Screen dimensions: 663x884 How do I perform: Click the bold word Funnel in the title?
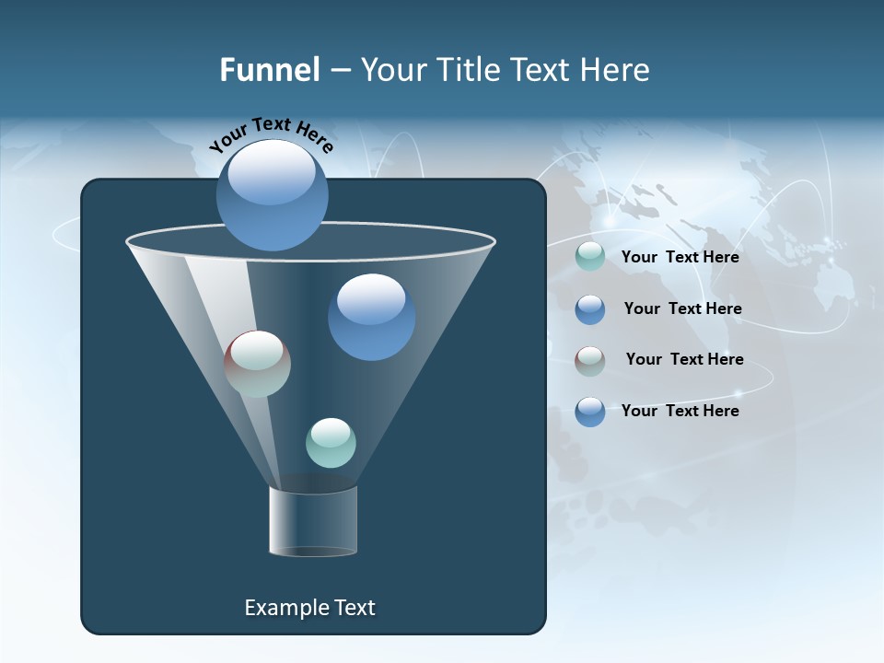click(270, 70)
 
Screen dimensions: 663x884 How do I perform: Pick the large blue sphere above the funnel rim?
click(273, 195)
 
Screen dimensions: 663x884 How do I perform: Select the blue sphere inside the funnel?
click(371, 317)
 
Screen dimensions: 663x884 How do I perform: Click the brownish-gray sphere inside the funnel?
click(257, 364)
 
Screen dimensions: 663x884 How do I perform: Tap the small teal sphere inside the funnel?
click(331, 443)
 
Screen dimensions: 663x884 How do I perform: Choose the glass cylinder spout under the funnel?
click(313, 521)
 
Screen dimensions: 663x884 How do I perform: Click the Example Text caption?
click(309, 608)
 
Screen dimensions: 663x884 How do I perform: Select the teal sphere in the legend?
click(590, 256)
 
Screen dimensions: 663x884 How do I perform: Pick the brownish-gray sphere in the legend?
click(590, 360)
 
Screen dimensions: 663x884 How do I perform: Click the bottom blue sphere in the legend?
click(590, 412)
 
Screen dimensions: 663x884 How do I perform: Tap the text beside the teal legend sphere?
click(680, 258)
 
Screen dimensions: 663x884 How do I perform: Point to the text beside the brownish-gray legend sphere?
click(684, 359)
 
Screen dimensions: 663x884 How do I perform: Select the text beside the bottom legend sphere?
click(680, 411)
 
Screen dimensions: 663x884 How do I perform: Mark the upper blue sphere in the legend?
click(590, 309)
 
